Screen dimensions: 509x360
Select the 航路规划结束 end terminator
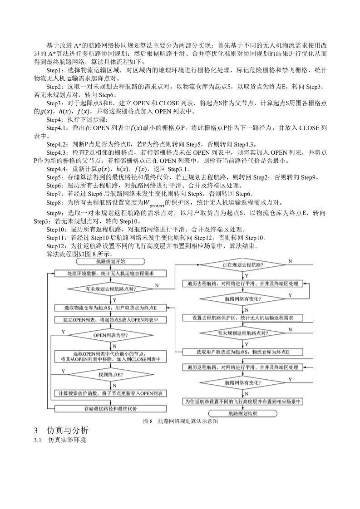(x=242, y=413)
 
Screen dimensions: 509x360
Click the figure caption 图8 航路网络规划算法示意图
(x=181, y=421)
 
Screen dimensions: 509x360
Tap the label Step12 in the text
(x=56, y=246)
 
